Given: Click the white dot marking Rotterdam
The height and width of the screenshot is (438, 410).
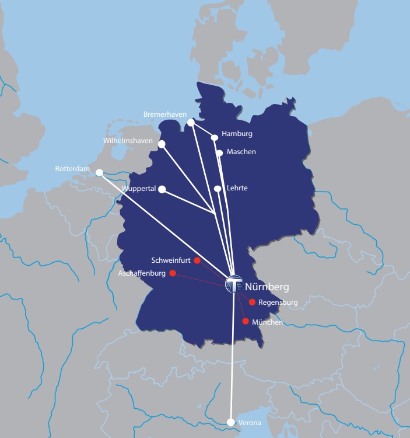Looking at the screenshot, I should [99, 172].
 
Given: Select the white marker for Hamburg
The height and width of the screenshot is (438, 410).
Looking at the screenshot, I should [215, 138].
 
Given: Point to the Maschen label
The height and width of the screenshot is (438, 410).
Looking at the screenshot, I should [241, 152].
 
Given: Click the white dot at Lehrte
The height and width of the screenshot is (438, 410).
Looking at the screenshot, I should [218, 189].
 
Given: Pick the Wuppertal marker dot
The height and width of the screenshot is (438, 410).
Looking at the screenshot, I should [162, 189].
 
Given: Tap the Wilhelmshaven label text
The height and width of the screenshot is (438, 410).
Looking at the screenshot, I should [128, 141].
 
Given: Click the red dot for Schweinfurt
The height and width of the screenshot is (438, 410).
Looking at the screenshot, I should [197, 260].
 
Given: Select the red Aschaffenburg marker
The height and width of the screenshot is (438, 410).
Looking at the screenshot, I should [173, 273].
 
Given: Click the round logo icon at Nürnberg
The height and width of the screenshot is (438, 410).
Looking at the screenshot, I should [234, 284].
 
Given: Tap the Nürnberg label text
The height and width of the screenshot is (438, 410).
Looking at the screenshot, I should [267, 287].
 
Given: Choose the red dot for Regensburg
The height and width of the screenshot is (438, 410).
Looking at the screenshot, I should [252, 302].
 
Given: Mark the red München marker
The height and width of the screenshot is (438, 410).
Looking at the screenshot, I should [246, 321].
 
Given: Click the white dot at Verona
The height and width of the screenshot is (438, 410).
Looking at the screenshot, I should [231, 422].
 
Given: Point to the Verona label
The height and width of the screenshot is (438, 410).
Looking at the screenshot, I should [250, 423].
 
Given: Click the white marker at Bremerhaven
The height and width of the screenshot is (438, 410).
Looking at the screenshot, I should [191, 123].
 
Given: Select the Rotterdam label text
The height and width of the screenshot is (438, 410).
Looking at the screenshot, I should [72, 169].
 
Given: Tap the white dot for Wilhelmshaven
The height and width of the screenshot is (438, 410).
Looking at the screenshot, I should [162, 144].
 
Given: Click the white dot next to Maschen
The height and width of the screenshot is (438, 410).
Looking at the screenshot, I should [219, 153].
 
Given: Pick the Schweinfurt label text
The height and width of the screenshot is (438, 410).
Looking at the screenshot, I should [171, 260].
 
